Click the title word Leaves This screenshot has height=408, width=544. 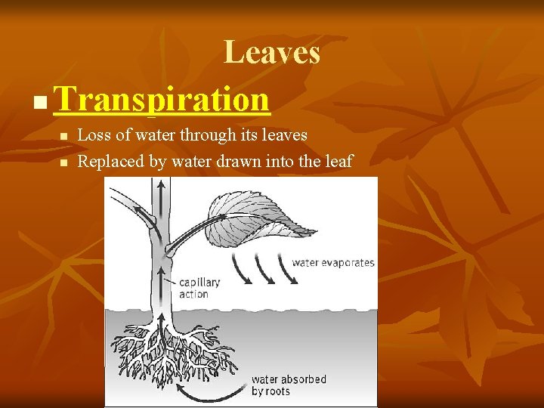[272, 53]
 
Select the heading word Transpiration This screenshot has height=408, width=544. [162, 99]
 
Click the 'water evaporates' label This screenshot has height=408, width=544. [332, 263]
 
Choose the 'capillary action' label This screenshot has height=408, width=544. [199, 288]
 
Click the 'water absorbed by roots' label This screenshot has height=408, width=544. [289, 385]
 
